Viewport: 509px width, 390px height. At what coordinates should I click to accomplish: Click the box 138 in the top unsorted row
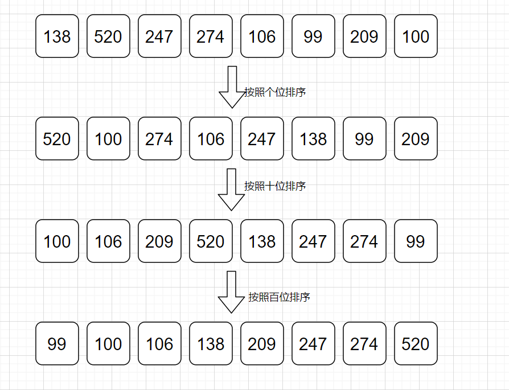57,36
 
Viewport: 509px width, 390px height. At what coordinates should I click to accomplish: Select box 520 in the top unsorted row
108,36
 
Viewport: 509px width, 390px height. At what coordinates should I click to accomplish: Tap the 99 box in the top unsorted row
313,36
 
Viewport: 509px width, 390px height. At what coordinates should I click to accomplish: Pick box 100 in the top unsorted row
416,36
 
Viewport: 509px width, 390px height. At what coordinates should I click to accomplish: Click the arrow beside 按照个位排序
232,87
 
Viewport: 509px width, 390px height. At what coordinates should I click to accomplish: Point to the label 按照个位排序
275,92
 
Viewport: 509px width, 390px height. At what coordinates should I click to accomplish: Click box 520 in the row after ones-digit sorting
57,139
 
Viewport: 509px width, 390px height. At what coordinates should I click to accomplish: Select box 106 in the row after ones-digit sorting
211,139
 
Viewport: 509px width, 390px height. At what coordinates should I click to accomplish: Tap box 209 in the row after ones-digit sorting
416,139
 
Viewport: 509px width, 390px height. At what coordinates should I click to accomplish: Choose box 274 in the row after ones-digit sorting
160,139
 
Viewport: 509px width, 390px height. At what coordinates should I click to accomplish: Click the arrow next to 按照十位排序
231,190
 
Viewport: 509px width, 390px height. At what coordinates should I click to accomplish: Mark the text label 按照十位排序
275,186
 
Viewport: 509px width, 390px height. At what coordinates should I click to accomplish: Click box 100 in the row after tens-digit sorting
57,241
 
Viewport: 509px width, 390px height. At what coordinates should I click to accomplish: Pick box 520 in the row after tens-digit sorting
211,241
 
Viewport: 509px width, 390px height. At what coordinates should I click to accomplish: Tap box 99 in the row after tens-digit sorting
416,241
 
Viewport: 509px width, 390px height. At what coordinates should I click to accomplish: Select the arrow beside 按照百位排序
231,292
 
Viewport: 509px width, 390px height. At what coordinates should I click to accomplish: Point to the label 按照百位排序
279,297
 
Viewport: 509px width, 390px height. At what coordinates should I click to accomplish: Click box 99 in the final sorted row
57,343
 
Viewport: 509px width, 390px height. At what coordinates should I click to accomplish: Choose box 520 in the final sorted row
416,343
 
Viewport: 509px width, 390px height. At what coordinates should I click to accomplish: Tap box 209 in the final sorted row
262,343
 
